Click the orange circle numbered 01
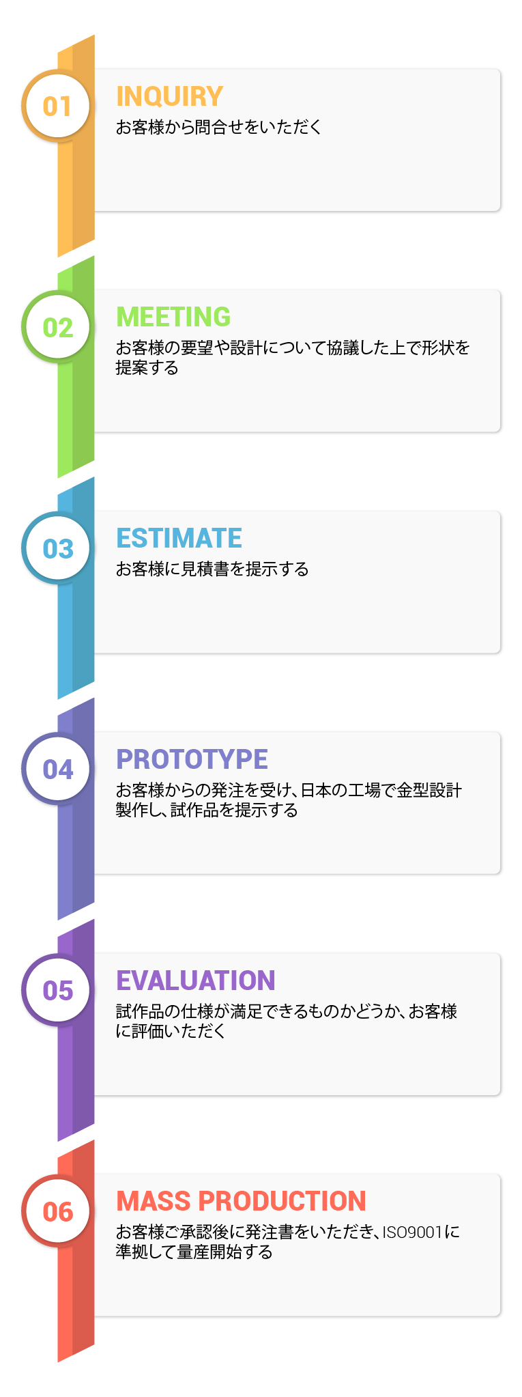[57, 106]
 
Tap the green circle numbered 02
[57, 327]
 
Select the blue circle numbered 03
[57, 548]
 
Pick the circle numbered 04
[57, 770]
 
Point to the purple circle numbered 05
[57, 991]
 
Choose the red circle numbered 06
[57, 1212]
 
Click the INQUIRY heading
[170, 96]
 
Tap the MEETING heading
[173, 317]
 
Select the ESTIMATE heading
[179, 538]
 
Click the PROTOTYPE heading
[192, 759]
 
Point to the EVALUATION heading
[196, 980]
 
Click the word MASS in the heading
[153, 1202]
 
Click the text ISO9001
[412, 1232]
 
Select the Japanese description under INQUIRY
[218, 127]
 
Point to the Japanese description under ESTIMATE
[212, 569]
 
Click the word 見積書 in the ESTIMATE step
[205, 569]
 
